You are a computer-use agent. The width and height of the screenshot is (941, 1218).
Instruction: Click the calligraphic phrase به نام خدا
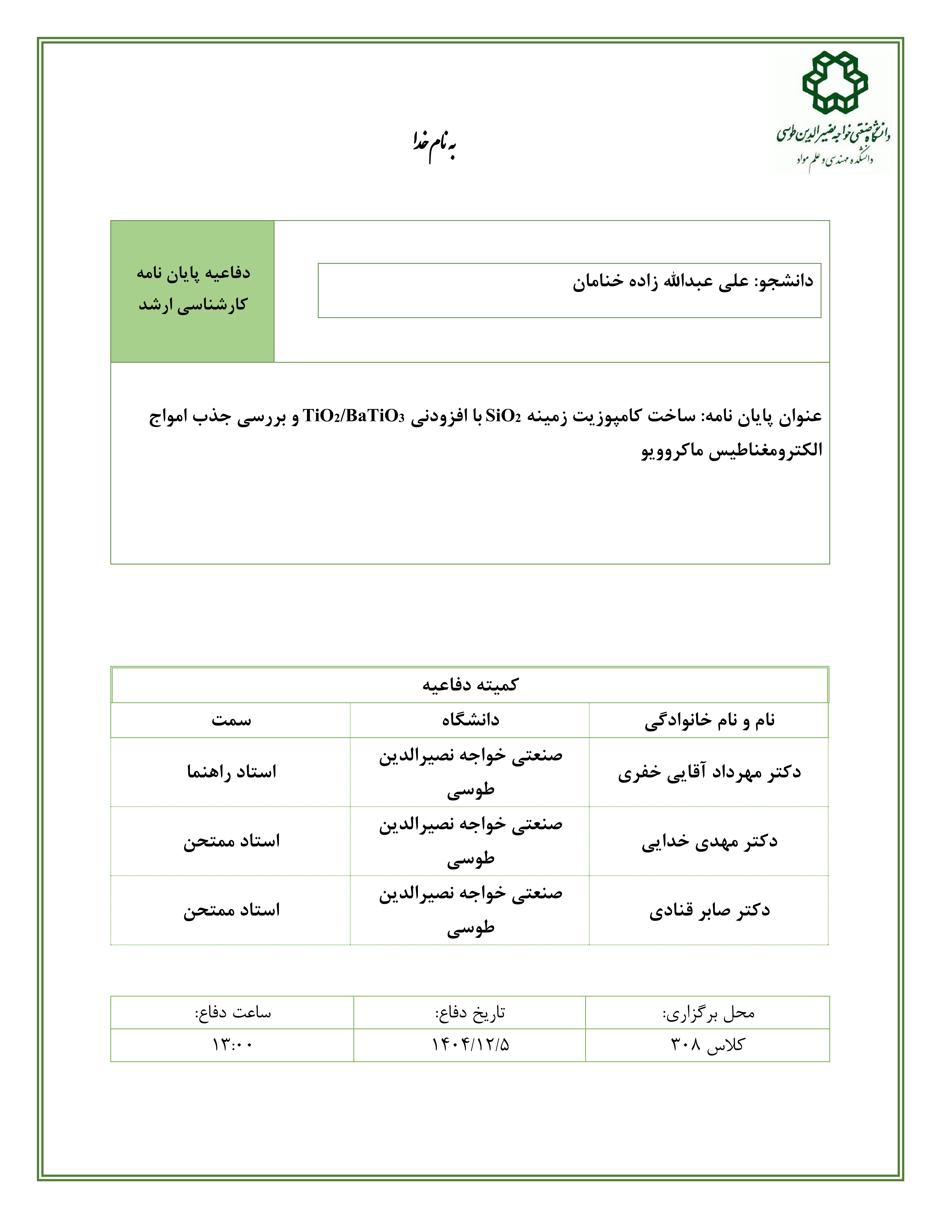(435, 146)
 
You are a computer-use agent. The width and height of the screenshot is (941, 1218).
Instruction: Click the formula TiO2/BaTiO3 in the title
(354, 416)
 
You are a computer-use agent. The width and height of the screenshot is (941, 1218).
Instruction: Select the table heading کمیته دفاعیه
(470, 685)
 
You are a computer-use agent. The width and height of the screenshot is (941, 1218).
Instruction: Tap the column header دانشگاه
(470, 720)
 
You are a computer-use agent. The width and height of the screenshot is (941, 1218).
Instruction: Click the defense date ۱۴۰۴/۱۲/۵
(470, 1045)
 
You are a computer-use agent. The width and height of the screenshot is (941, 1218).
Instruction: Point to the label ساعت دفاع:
(232, 1012)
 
